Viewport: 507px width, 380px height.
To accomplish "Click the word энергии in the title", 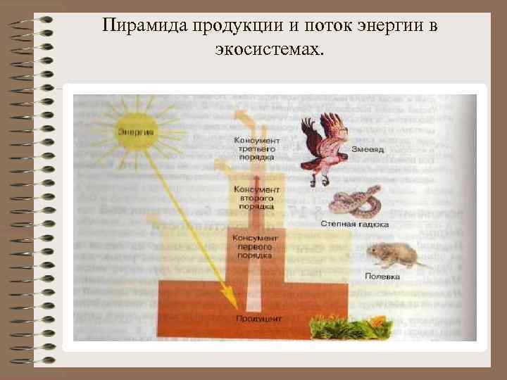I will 395,27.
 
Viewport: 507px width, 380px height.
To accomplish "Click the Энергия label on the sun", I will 137,132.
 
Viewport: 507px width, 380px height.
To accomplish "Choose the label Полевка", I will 382,277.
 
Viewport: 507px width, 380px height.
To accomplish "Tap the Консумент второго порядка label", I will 256,199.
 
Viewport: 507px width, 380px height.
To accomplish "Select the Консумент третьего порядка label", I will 254,149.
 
